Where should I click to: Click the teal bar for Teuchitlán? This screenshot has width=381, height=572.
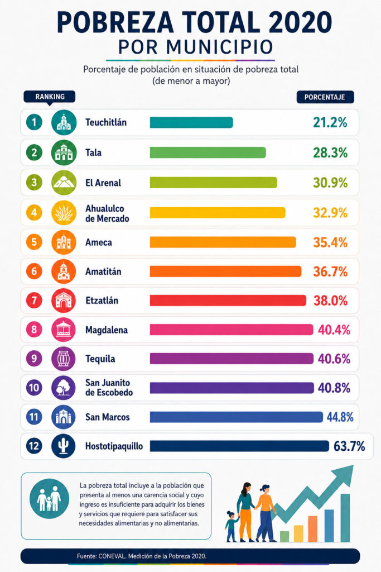[x=191, y=122]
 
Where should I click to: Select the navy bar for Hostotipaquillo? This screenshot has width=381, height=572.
[x=239, y=446]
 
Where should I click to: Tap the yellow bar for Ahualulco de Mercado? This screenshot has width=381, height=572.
[x=218, y=213]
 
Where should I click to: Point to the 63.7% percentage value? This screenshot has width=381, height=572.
[x=349, y=446]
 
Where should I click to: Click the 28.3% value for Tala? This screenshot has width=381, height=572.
[x=330, y=152]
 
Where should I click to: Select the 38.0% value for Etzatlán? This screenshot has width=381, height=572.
[x=330, y=301]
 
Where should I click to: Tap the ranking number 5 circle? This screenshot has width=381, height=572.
[x=34, y=242]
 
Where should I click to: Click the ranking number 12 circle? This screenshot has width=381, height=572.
[x=34, y=446]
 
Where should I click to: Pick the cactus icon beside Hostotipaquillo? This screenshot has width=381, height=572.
[x=64, y=446]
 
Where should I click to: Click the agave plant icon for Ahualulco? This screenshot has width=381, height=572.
[x=64, y=213]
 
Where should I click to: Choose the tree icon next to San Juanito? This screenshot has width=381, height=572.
[x=64, y=388]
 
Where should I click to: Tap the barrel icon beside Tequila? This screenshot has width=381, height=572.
[x=64, y=359]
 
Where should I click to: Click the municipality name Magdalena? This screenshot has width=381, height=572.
[x=107, y=330]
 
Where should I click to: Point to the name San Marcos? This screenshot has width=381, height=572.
[x=108, y=417]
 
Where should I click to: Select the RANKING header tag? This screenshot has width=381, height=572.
[x=50, y=97]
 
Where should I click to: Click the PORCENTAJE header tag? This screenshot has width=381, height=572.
[x=325, y=97]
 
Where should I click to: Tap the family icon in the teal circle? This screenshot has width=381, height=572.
[x=49, y=498]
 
